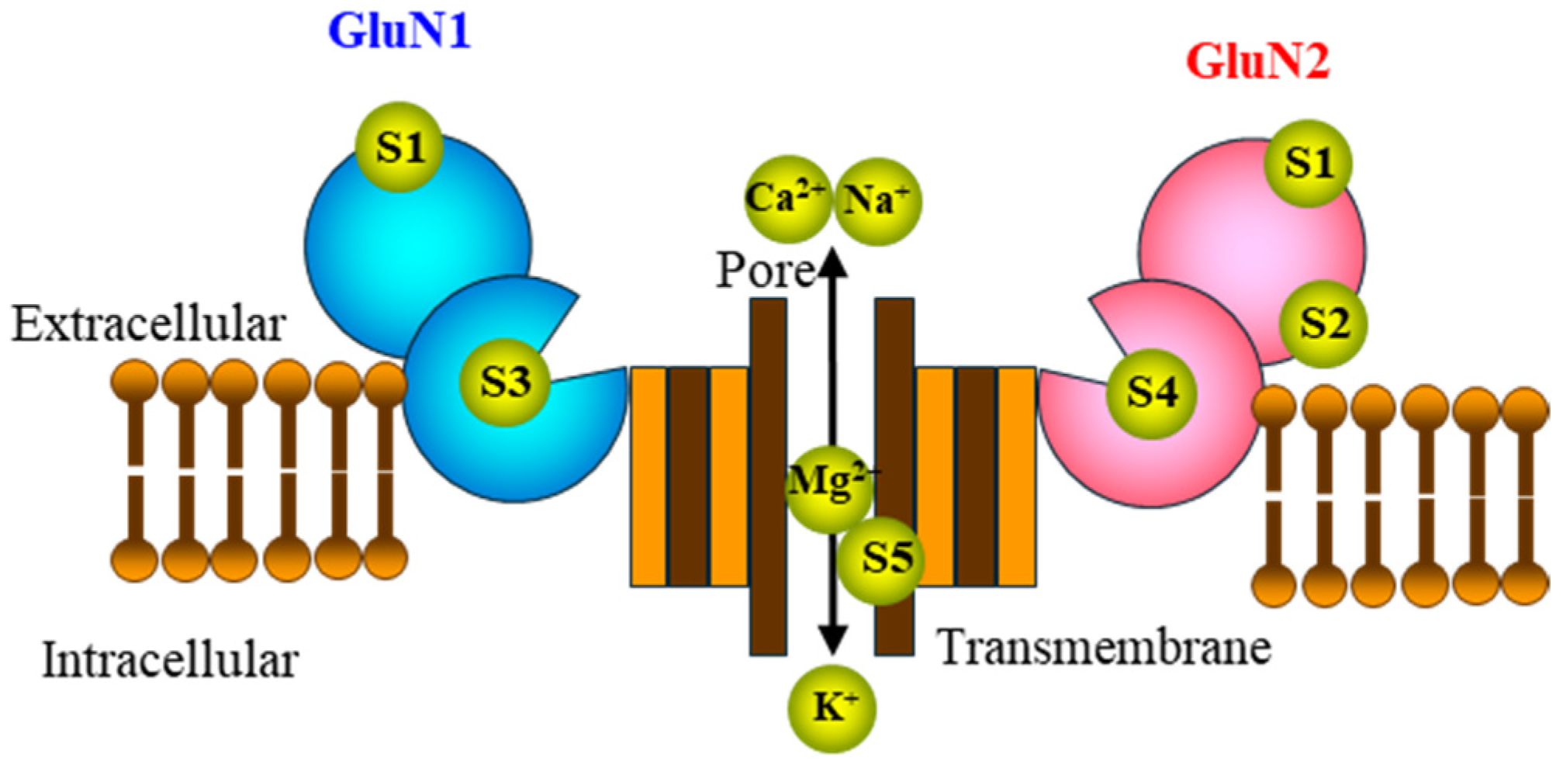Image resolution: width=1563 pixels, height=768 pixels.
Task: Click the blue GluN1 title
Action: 399,33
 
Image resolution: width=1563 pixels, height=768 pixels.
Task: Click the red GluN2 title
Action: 1257,61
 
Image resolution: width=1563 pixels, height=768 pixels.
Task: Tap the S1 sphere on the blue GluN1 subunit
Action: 399,147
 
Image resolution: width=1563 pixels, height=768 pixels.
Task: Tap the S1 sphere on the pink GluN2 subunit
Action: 1309,164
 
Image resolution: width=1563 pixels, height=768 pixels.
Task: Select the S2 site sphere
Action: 1323,323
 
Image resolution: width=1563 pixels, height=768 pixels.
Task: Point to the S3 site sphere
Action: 505,382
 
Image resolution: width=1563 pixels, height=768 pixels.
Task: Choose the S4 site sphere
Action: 1151,393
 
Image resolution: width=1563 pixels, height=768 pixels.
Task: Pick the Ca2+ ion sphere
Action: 785,199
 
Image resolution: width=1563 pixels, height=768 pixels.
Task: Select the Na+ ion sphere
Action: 878,202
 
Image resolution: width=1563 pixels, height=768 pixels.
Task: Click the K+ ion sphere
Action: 832,707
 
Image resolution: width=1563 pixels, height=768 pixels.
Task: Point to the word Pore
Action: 765,272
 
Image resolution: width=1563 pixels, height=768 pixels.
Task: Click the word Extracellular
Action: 149,324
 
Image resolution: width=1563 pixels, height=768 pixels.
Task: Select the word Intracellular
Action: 170,661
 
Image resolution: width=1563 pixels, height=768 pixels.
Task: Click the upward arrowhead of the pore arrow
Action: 832,264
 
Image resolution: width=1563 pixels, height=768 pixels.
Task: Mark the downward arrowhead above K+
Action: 832,641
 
